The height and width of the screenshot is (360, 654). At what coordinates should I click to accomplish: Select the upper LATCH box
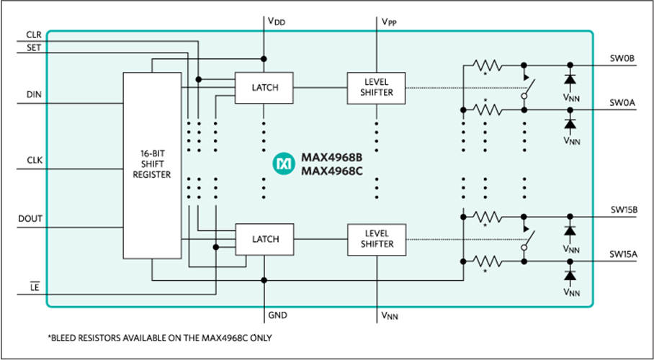[x=265, y=88]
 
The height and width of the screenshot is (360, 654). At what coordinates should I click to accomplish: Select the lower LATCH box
[x=265, y=238]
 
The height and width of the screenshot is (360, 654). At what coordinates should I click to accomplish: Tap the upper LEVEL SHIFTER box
[x=375, y=88]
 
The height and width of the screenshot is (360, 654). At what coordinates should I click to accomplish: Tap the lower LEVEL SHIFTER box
[x=375, y=238]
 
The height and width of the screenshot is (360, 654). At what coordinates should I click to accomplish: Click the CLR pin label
[x=34, y=35]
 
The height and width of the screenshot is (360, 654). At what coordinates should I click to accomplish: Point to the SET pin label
[x=33, y=47]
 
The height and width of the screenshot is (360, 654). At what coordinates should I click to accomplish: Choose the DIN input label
[x=34, y=95]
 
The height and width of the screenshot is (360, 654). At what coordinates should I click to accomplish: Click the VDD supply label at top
[x=277, y=22]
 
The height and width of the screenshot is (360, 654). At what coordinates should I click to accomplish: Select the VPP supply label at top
[x=389, y=22]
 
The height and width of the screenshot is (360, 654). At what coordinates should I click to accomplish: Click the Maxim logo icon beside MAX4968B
[x=283, y=164]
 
